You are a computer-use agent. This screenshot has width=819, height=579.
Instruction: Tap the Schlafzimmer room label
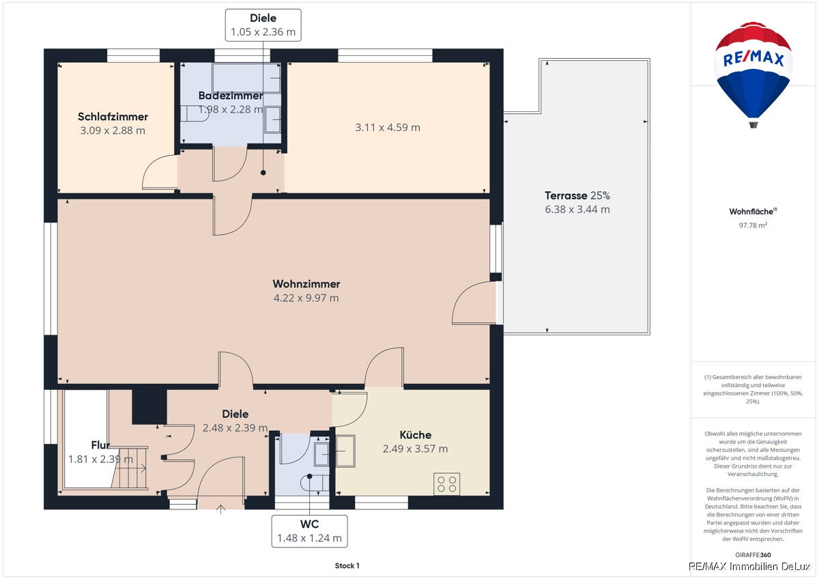tap(113, 117)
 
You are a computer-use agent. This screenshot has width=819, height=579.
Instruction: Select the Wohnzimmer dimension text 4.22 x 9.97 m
tap(306, 298)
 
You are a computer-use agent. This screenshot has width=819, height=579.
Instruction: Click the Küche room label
tap(416, 435)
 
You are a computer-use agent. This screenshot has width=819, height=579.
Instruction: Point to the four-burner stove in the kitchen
tap(447, 484)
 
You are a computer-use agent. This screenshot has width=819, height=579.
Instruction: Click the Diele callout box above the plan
tap(263, 25)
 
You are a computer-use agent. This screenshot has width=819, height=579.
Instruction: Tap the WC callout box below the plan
tap(309, 531)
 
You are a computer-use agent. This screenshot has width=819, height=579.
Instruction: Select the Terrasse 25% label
tap(577, 196)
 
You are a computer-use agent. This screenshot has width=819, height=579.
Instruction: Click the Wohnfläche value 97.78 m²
tap(753, 225)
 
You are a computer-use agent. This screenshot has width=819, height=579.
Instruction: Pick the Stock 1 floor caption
tap(347, 565)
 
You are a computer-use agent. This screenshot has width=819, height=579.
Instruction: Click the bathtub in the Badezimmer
tap(246, 78)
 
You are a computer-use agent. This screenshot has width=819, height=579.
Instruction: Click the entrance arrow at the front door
tap(220, 509)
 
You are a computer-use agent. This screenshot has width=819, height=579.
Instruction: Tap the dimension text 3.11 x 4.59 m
tap(388, 128)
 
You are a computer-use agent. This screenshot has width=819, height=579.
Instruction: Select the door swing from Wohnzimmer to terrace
tap(474, 303)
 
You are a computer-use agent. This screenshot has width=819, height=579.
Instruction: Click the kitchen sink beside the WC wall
tap(345, 451)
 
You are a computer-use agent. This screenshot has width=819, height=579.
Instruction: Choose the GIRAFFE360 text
tap(753, 555)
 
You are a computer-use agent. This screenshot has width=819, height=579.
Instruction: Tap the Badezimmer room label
tap(231, 96)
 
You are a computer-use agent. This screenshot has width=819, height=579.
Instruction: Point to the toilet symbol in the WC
tap(315, 483)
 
